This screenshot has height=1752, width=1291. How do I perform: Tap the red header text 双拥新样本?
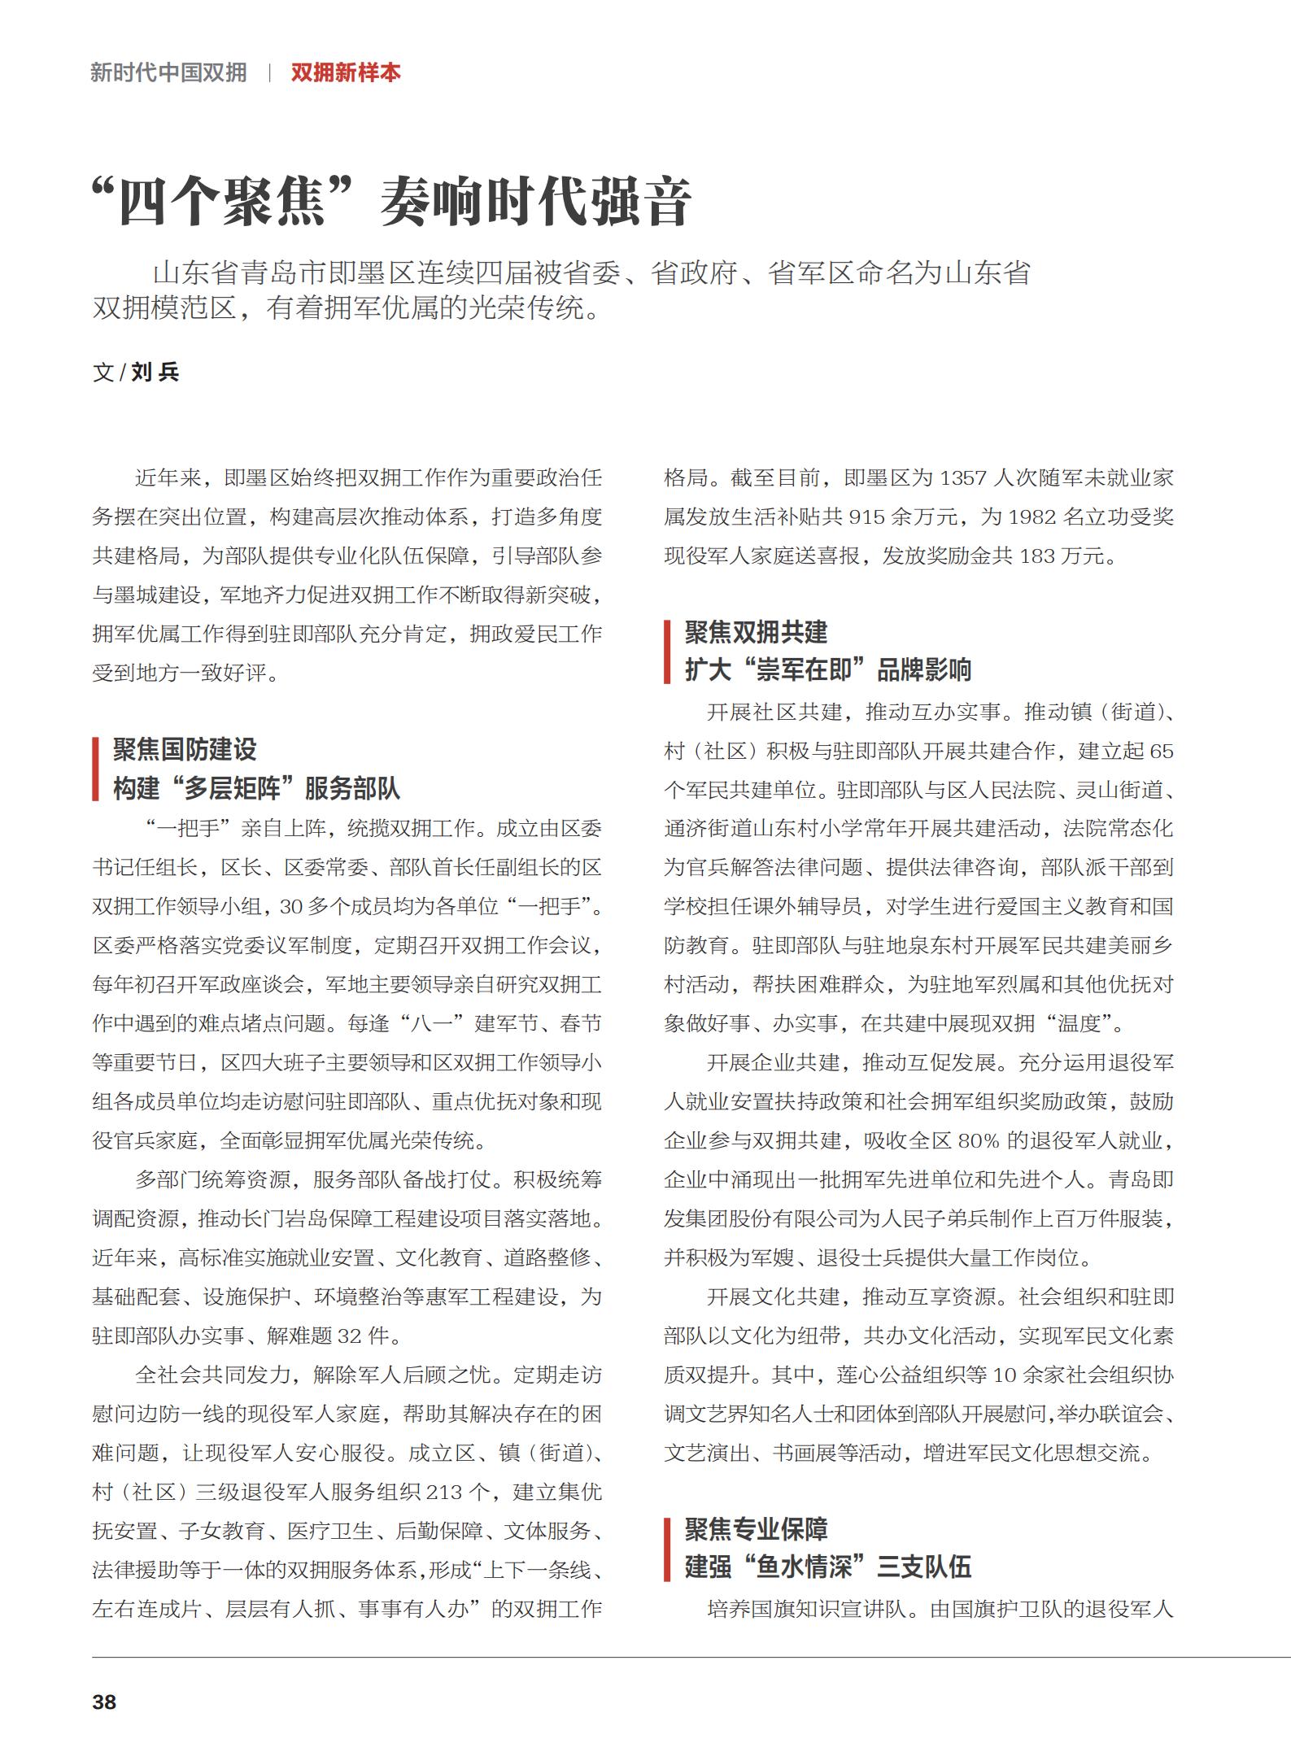[346, 72]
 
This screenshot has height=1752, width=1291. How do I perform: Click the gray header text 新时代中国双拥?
[168, 72]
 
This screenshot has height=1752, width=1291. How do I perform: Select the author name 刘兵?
[155, 373]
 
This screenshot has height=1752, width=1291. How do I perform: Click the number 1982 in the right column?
[1031, 517]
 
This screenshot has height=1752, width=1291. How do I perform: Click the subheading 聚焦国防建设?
[185, 749]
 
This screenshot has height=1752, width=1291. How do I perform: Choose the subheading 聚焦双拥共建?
[756, 632]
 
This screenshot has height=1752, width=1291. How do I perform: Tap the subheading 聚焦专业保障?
[756, 1529]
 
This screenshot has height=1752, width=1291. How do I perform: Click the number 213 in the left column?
[444, 1493]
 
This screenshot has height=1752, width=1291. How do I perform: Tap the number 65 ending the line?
[1162, 752]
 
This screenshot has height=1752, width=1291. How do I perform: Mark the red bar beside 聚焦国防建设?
[96, 769]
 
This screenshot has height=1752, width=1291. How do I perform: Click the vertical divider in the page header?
[269, 72]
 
